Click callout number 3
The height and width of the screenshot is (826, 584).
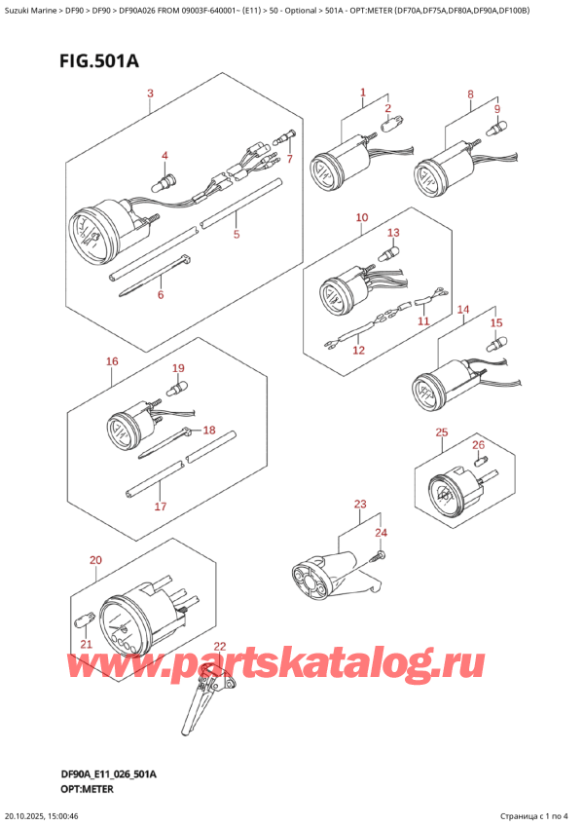pyautogui.click(x=150, y=94)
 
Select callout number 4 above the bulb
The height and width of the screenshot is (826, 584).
pyautogui.click(x=164, y=156)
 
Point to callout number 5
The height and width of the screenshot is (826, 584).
pyautogui.click(x=236, y=234)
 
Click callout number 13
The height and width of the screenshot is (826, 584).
pyautogui.click(x=393, y=233)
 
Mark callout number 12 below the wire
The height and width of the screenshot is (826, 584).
pyautogui.click(x=358, y=350)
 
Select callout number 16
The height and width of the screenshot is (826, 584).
pyautogui.click(x=112, y=361)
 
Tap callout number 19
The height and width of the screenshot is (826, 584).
pyautogui.click(x=178, y=368)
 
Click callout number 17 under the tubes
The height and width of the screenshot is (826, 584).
pyautogui.click(x=161, y=507)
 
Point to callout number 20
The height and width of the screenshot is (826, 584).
pyautogui.click(x=94, y=560)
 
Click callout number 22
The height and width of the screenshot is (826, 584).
pyautogui.click(x=219, y=646)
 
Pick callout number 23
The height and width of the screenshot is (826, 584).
pyautogui.click(x=360, y=504)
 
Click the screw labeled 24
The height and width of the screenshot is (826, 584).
pyautogui.click(x=379, y=556)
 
